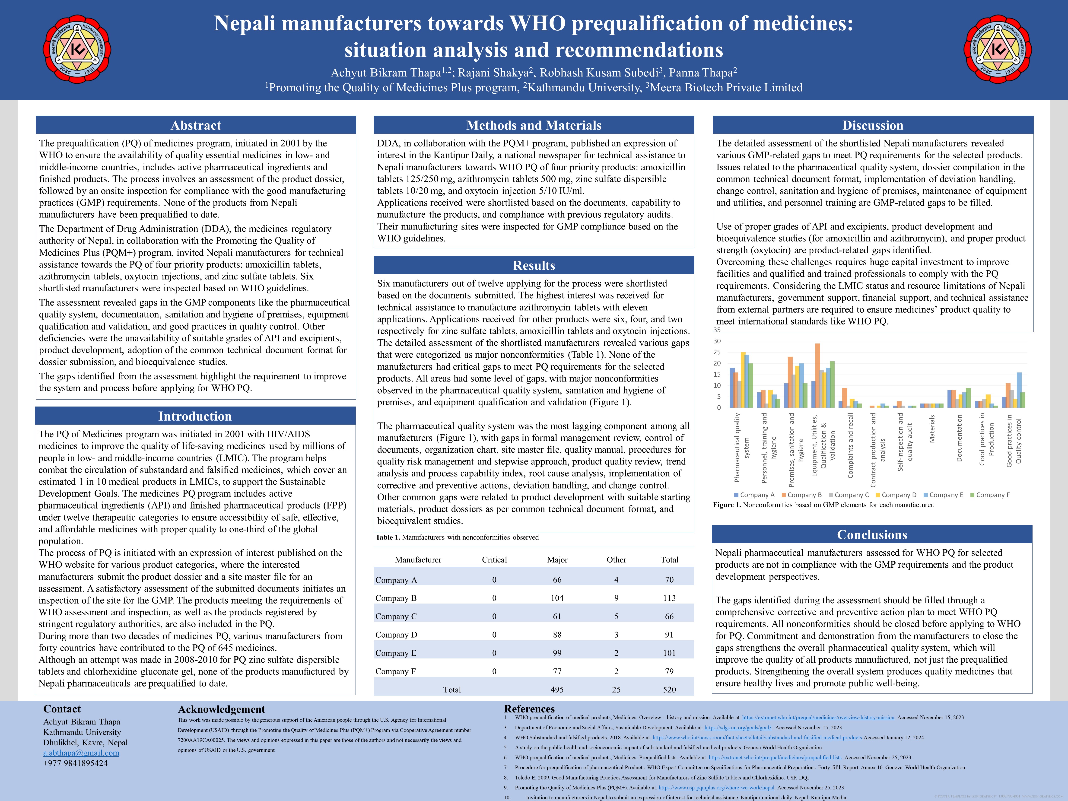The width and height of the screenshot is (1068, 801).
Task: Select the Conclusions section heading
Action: [872, 534]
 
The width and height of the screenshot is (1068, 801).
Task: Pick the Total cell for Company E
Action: [669, 653]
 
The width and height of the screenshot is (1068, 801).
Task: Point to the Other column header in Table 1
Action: [616, 559]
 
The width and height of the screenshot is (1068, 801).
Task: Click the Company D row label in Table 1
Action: [396, 634]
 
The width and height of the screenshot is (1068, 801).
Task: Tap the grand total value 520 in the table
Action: [669, 690]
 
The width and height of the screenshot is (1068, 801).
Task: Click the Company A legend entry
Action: [754, 495]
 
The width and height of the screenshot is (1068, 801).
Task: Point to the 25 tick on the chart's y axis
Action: [718, 352]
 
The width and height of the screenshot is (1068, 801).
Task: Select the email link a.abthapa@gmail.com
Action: [81, 753]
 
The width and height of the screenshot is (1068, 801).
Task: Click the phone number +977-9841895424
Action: [75, 763]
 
